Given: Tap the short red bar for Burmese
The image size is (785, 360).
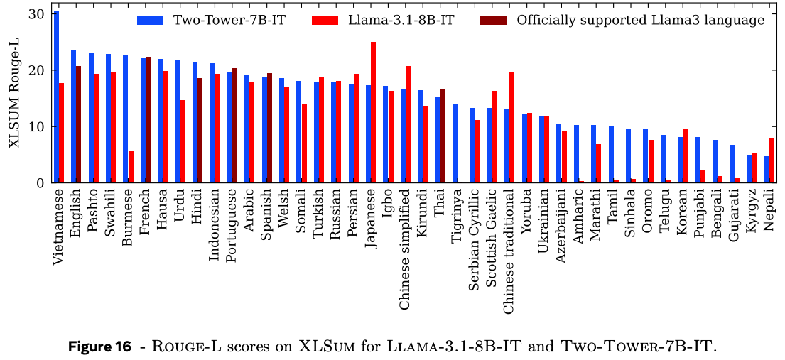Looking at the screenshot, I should click(x=131, y=167).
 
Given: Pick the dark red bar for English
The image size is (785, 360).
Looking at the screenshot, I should click(x=79, y=124).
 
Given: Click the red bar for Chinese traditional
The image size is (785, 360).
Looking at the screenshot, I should click(x=512, y=127).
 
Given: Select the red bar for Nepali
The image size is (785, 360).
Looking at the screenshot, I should click(x=772, y=160).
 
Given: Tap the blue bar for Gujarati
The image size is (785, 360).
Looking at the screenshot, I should click(x=732, y=164).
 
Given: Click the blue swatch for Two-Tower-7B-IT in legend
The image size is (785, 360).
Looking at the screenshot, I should click(x=151, y=21).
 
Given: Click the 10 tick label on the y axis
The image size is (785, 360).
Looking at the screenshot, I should click(x=37, y=127).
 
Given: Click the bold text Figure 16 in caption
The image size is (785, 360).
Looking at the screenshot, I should click(x=100, y=347).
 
